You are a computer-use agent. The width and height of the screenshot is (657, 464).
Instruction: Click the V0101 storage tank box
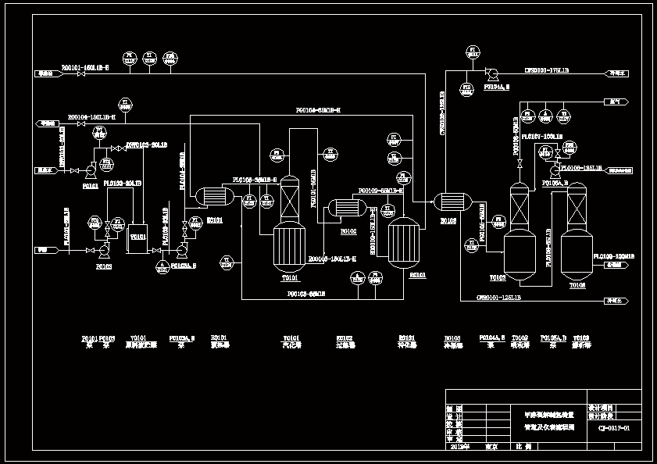pos(137,237)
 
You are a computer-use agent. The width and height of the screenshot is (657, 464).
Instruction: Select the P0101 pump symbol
pos(91,169)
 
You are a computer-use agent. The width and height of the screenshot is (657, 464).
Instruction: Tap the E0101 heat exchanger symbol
pos(210,196)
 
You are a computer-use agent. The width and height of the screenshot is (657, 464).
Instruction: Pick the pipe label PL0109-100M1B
pos(613,256)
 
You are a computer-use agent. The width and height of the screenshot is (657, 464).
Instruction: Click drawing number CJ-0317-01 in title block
pos(614,428)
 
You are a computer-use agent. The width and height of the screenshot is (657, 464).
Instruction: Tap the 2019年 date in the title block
pos(460,448)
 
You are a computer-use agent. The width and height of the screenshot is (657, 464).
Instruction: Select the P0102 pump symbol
pos(104,251)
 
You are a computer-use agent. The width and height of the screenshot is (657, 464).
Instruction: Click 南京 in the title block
pos(491,448)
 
